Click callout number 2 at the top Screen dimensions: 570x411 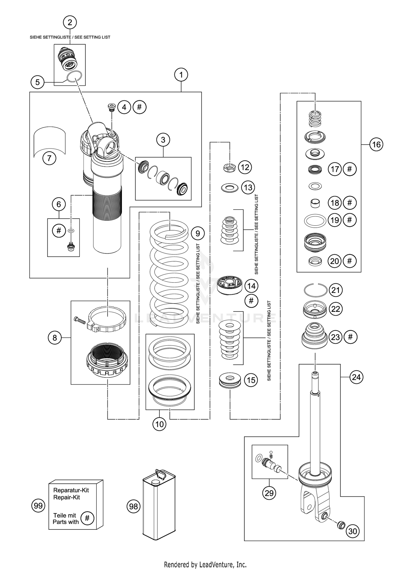70,22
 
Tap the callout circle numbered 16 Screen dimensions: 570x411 376,144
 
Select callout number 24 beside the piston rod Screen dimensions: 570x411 356,377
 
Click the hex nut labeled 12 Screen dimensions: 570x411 230,167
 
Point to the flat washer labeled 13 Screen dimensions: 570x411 230,188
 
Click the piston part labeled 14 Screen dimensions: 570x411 230,285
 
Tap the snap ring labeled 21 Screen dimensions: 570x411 316,290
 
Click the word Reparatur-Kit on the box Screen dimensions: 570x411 71,490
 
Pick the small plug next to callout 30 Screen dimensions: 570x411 341,525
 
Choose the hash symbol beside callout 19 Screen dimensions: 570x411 349,220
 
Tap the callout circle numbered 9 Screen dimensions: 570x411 198,234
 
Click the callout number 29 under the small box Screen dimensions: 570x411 269,493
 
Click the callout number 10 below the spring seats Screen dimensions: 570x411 159,424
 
